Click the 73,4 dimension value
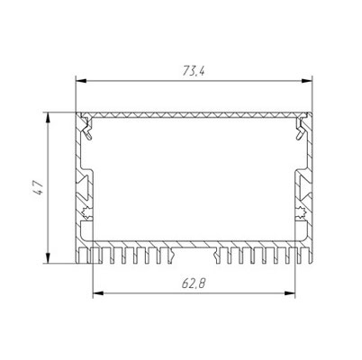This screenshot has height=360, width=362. [x=194, y=71]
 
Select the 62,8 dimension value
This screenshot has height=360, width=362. [x=194, y=283]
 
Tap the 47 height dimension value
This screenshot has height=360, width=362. [x=38, y=188]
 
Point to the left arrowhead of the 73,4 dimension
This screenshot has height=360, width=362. [x=81, y=81]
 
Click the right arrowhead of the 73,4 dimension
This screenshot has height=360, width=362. [x=307, y=81]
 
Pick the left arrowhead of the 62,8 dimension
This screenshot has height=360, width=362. [x=98, y=293]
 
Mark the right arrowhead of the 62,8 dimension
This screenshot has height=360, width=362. [x=290, y=293]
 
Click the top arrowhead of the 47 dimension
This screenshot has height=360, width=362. [x=48, y=118]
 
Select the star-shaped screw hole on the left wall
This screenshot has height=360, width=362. [x=87, y=212]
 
